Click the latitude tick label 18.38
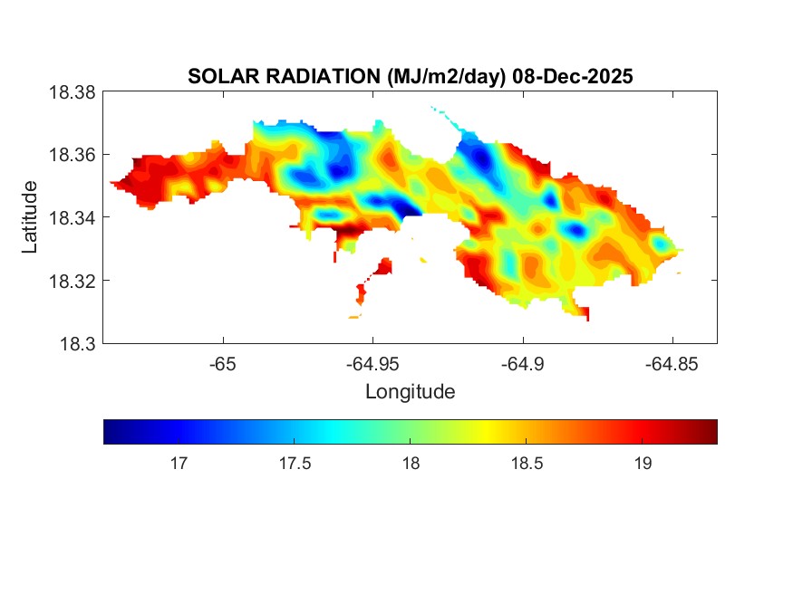pyautogui.click(x=71, y=91)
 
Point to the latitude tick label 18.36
pyautogui.click(x=71, y=155)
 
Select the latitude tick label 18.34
pyautogui.click(x=71, y=217)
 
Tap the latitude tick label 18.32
pyautogui.click(x=71, y=281)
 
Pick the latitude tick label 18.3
pyautogui.click(x=76, y=343)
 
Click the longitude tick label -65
pyautogui.click(x=222, y=364)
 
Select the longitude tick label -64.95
pyautogui.click(x=372, y=364)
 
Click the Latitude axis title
pyautogui.click(x=30, y=217)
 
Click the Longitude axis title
pyautogui.click(x=410, y=392)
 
